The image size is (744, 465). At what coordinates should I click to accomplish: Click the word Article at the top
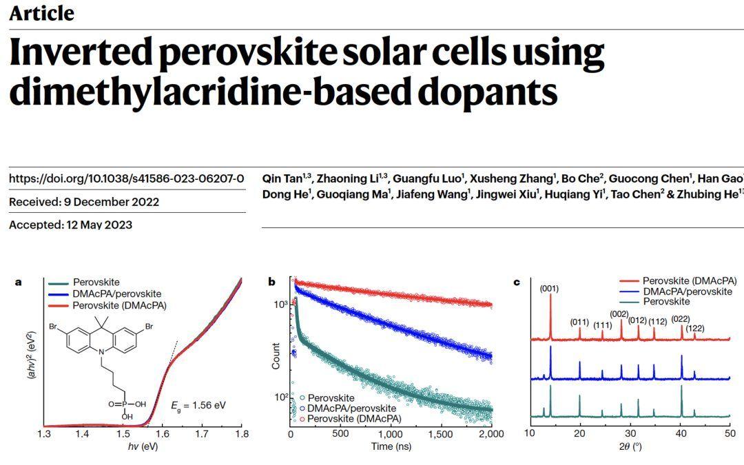[x=41, y=13]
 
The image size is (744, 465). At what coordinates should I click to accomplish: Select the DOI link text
[x=126, y=178]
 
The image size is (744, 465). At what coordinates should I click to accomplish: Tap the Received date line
[x=83, y=202]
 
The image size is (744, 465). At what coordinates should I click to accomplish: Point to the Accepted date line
[x=70, y=225]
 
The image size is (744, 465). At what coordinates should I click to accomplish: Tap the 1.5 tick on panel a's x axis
[x=123, y=433]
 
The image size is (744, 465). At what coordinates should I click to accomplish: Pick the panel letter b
[x=272, y=281]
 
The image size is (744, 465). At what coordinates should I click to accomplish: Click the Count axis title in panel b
[x=276, y=355]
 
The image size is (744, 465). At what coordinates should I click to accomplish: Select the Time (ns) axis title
[x=391, y=447]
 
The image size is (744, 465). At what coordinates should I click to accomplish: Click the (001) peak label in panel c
[x=550, y=288]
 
